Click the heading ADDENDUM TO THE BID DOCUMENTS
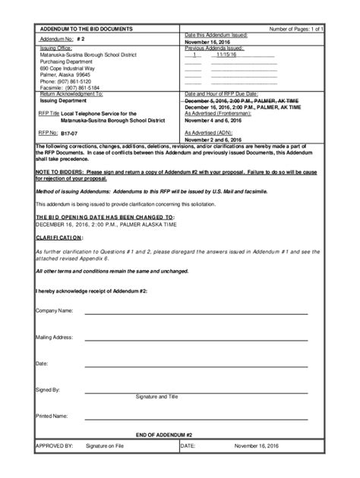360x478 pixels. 85,28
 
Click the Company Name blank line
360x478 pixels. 196,313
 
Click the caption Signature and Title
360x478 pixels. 156,396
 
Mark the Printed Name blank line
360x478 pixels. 196,418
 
